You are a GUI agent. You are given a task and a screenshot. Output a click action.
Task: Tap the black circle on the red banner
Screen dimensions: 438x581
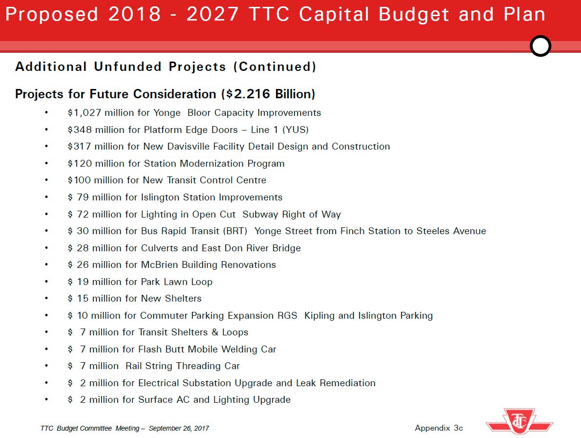point(540,46)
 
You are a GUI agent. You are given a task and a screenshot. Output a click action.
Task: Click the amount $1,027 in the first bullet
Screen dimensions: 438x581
point(84,113)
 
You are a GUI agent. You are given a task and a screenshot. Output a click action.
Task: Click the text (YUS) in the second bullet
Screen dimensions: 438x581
point(295,130)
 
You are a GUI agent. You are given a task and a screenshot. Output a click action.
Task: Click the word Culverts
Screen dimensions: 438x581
point(160,248)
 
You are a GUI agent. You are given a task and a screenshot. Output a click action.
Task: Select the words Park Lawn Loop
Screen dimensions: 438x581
point(176,282)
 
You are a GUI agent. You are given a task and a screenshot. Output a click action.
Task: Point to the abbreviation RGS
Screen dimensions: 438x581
point(287,316)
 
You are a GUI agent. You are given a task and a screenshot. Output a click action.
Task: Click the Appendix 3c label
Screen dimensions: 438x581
point(439,428)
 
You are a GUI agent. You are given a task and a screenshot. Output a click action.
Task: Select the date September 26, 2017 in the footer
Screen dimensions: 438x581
point(179,428)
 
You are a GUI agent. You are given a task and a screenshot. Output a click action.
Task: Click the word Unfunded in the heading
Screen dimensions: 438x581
point(128,66)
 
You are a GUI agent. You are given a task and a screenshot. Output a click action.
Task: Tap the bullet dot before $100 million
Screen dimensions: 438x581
point(46,180)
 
